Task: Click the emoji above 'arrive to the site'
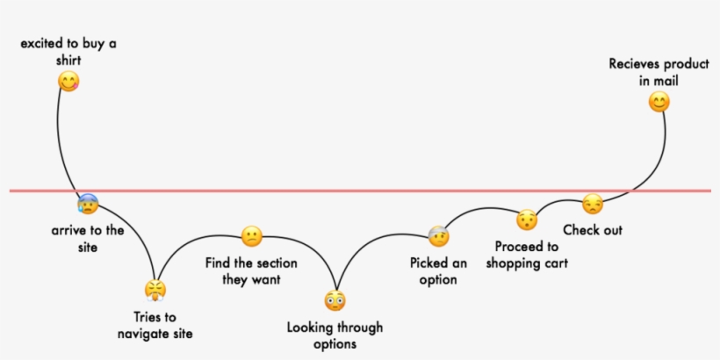pyautogui.click(x=87, y=205)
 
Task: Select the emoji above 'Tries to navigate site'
pyautogui.click(x=155, y=289)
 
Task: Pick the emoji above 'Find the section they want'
pyautogui.click(x=251, y=236)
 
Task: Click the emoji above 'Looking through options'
pyautogui.click(x=335, y=301)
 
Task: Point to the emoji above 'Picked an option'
pyautogui.click(x=438, y=235)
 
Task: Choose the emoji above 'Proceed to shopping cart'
pyautogui.click(x=526, y=220)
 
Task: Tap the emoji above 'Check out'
pyautogui.click(x=593, y=204)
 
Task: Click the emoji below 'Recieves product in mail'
pyautogui.click(x=659, y=103)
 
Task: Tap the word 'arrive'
pyautogui.click(x=69, y=231)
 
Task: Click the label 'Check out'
pyautogui.click(x=593, y=230)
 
